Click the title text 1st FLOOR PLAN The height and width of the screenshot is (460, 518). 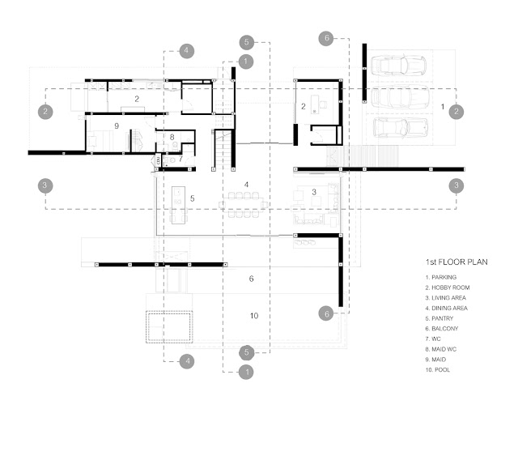pos(456,262)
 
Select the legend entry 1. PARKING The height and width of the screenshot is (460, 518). pos(441,277)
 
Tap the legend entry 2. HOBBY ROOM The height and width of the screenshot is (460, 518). pos(448,287)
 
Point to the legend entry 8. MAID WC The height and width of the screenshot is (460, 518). pos(441,349)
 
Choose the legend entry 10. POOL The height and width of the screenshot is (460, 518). pos(438,370)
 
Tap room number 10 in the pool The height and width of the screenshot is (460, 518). pos(254,316)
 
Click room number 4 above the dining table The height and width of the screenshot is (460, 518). pos(246,185)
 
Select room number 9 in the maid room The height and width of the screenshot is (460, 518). pos(117,126)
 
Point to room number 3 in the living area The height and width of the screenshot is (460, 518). pos(314,192)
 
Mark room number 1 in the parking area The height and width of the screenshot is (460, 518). pos(443,106)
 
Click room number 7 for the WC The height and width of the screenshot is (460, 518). pos(180,159)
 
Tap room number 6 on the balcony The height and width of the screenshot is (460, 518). pos(251,279)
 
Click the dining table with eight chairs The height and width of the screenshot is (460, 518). pos(244,205)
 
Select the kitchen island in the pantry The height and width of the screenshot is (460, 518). pos(178,205)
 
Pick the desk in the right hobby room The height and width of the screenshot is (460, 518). pos(315,104)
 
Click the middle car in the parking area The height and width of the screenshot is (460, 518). pos(400,97)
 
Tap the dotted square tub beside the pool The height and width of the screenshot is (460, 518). pos(169,326)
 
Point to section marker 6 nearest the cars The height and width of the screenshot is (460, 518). pos(326,39)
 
